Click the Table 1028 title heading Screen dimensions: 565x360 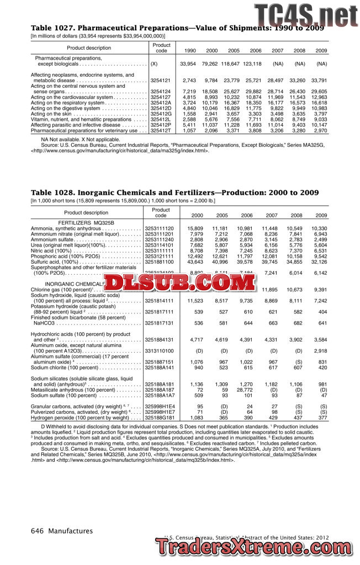(174, 193)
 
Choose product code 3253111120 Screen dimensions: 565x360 (159, 228)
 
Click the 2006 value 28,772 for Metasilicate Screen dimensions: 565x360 (245, 390)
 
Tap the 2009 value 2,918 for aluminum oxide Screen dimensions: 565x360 (320, 350)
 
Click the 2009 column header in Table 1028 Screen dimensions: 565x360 (321, 215)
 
